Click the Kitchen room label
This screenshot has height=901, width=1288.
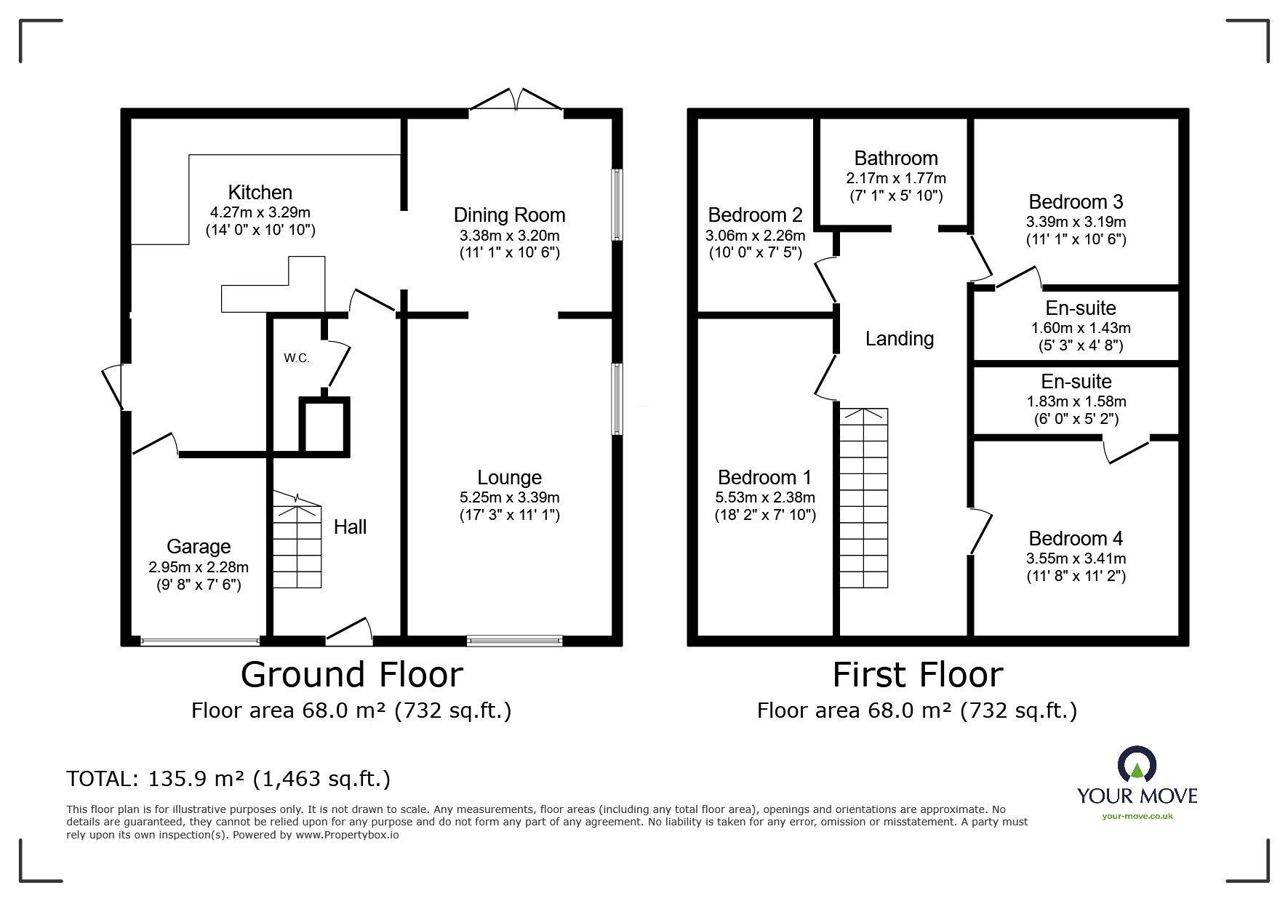point(260,193)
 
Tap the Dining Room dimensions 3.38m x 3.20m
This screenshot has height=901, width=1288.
point(509,236)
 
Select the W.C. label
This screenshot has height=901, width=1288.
point(297,358)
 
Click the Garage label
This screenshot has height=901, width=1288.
point(199,547)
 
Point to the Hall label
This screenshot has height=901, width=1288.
point(350,527)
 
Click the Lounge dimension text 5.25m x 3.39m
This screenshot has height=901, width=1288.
point(509,498)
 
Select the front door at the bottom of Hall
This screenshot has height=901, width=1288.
point(349,633)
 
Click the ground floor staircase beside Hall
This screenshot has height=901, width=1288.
point(297,542)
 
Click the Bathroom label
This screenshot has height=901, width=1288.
point(895,159)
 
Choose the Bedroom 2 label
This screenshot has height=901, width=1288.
point(755,215)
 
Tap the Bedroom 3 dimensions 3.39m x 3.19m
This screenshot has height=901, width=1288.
point(1076,222)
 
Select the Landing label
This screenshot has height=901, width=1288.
point(899,339)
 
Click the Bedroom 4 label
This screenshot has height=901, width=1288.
point(1076,539)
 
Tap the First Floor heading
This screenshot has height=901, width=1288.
point(917,675)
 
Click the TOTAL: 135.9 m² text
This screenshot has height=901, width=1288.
point(228,780)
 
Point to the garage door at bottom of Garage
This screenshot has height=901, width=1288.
point(199,641)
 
